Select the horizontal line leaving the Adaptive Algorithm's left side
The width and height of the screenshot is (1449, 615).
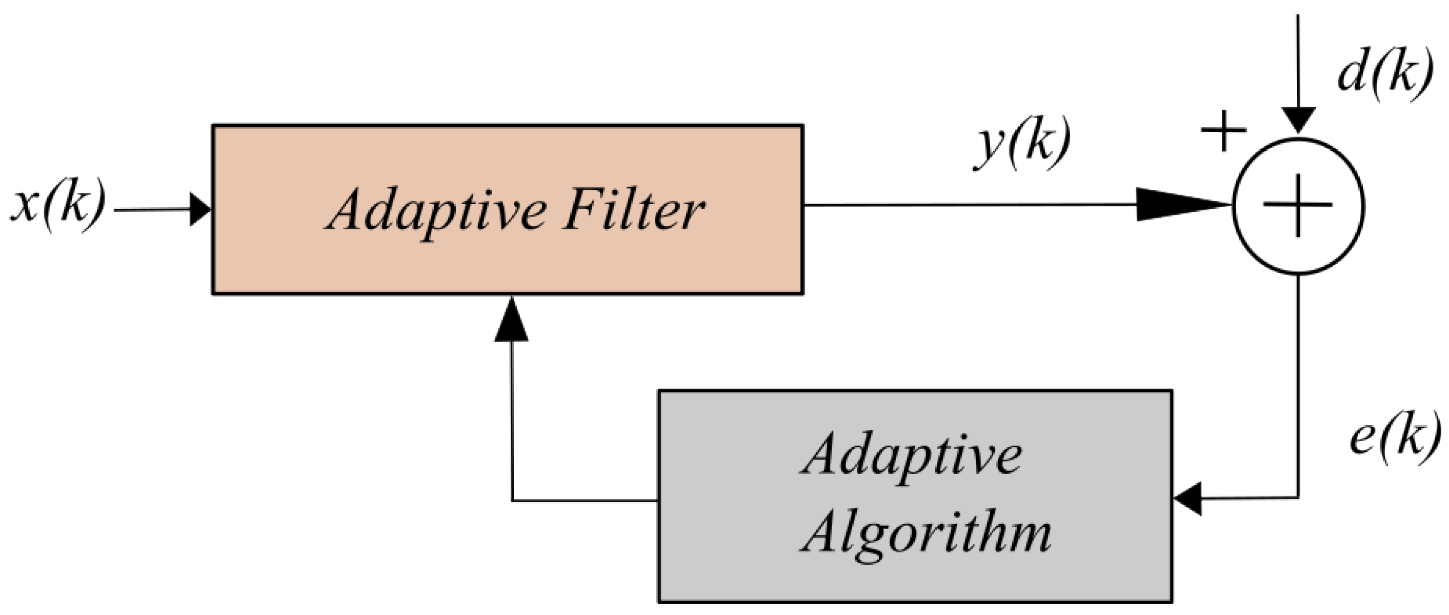click(585, 500)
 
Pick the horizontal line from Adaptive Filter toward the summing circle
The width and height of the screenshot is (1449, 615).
click(968, 205)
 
